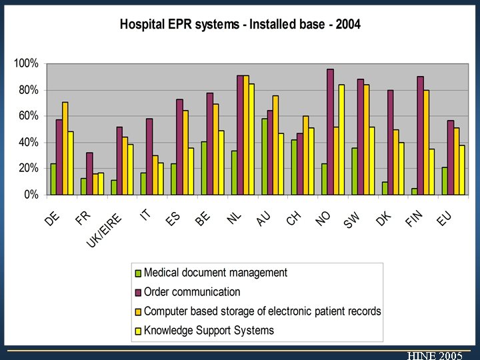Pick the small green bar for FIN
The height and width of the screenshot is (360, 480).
(x=414, y=191)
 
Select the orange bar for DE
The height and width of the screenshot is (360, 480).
(x=65, y=148)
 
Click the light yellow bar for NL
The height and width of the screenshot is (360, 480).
(x=251, y=139)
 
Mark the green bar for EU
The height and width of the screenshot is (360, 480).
(x=445, y=181)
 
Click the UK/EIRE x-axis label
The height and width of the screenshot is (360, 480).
(x=105, y=231)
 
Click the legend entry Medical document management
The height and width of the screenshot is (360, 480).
(x=215, y=273)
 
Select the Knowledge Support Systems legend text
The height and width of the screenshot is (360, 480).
(x=209, y=330)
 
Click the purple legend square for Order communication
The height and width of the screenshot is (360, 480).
(x=139, y=292)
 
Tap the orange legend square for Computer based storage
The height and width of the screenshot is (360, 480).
(x=139, y=311)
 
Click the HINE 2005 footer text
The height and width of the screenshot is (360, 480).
(x=435, y=355)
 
